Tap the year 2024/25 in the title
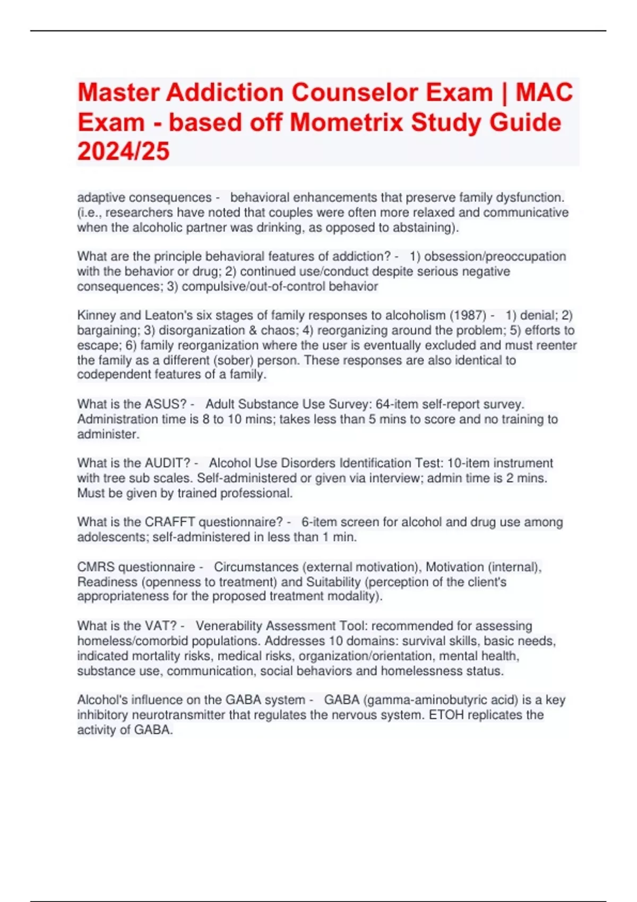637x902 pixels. click(123, 152)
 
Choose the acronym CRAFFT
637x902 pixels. click(169, 522)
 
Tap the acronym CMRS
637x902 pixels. click(96, 567)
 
